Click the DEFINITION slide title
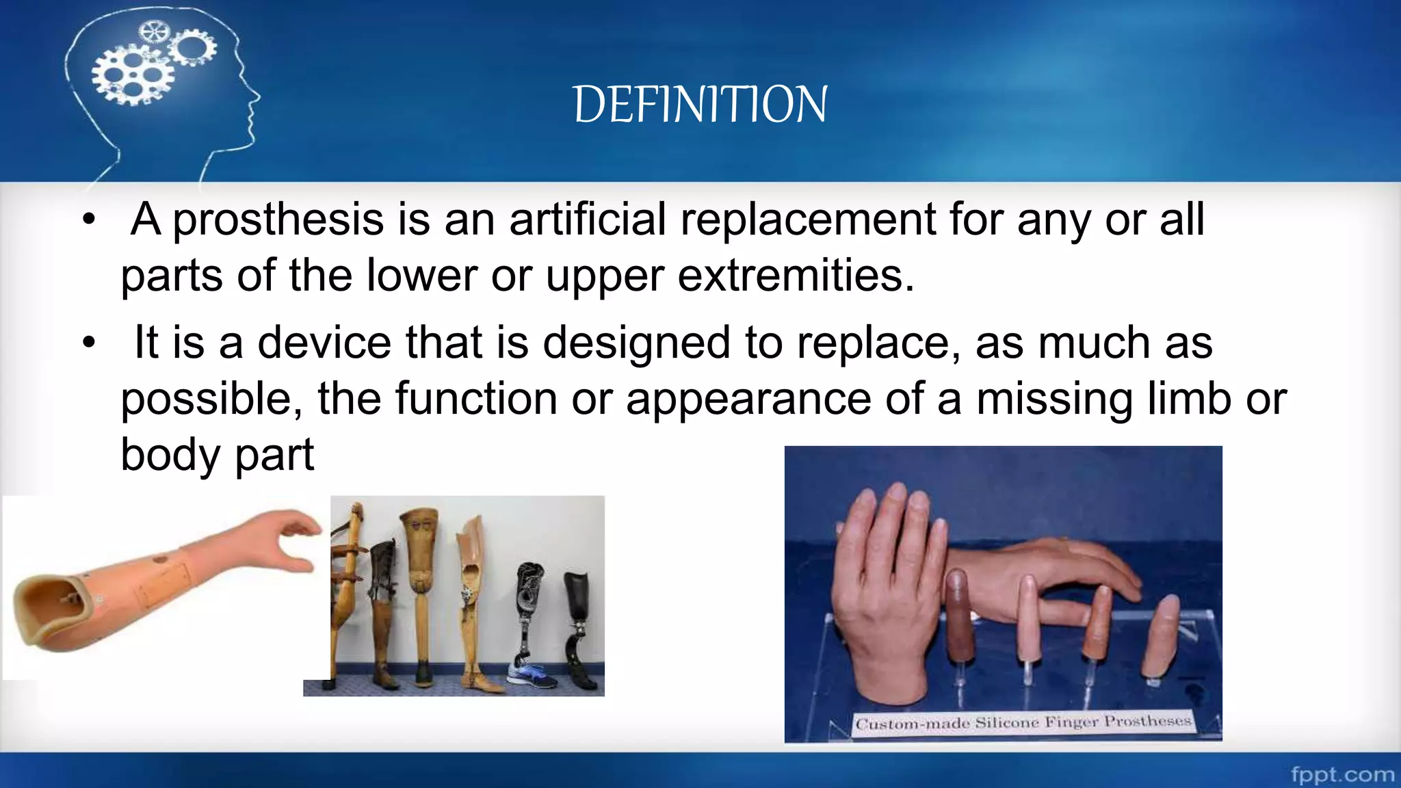tap(700, 105)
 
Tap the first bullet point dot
tap(88, 220)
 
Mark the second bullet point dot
tap(88, 343)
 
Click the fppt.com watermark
tap(1342, 774)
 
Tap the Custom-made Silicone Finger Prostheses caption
tap(1023, 722)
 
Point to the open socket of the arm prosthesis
tap(51, 605)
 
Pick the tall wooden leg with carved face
tap(419, 581)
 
